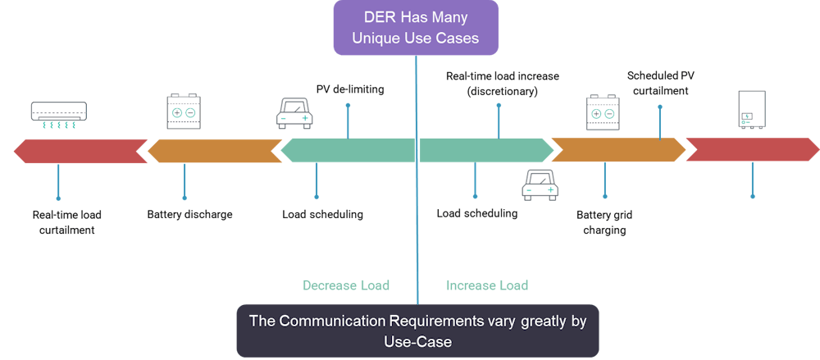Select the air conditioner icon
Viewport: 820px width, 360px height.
58,115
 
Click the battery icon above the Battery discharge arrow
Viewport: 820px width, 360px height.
184,111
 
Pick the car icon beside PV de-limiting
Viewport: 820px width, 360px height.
294,112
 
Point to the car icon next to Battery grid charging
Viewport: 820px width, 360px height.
539,186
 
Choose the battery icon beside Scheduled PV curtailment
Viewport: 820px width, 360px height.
604,112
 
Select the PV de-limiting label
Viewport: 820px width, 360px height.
350,89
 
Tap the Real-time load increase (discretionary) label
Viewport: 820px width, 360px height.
502,83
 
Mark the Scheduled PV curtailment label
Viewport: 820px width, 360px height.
660,83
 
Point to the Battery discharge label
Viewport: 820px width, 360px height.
190,215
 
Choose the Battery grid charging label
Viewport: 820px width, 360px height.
604,222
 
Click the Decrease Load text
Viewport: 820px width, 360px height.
346,285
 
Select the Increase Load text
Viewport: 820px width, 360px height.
487,285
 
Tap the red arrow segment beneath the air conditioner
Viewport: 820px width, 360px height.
78,151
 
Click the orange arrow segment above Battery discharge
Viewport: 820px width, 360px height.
215,151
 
